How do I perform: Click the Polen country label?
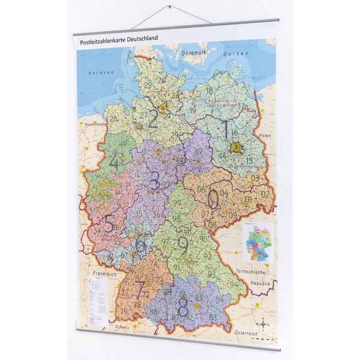pyautogui.click(x=265, y=136)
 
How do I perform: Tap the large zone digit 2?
pyautogui.click(x=154, y=118)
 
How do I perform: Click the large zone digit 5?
pyautogui.click(x=109, y=224)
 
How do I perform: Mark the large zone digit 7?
pyautogui.click(x=140, y=290)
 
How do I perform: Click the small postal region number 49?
pyautogui.click(x=124, y=143)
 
